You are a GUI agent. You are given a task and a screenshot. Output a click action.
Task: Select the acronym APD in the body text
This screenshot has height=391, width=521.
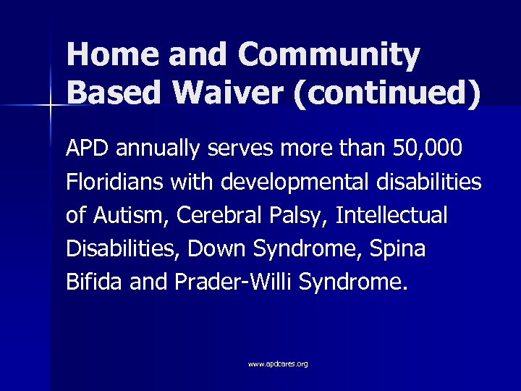tap(85, 149)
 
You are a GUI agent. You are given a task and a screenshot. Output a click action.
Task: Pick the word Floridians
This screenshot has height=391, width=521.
tap(115, 182)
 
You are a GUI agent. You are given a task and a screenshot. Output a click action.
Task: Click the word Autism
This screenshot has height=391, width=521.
tap(124, 216)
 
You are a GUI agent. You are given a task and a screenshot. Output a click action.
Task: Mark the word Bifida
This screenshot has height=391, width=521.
tap(93, 282)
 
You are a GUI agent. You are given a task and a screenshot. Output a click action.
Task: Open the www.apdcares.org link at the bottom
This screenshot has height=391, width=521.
tap(278, 363)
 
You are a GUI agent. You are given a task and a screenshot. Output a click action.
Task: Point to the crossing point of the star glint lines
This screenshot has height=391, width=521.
tap(51, 106)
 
